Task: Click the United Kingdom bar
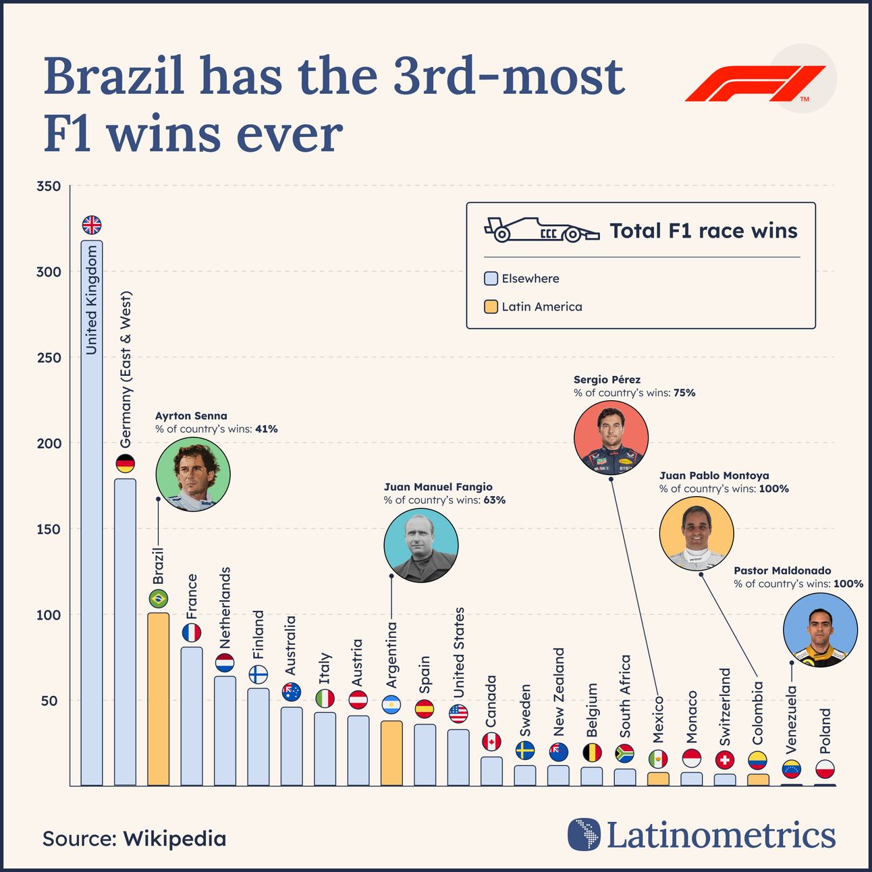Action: tap(92, 513)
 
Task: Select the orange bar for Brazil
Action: tap(158, 699)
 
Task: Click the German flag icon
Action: tap(125, 464)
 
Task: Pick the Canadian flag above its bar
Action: tap(491, 742)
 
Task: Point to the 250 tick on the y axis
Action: tap(49, 358)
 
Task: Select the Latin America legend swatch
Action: tap(491, 307)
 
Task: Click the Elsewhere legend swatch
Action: tap(491, 279)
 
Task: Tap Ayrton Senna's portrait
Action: tap(192, 474)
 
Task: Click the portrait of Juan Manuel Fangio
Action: tap(420, 545)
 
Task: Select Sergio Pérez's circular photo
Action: tap(611, 437)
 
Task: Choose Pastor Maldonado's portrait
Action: tap(820, 630)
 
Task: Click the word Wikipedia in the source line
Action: tap(175, 839)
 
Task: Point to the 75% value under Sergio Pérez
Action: tap(684, 393)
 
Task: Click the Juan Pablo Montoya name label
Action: tap(714, 476)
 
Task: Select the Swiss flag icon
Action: tap(725, 760)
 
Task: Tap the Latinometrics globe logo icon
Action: tap(584, 835)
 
